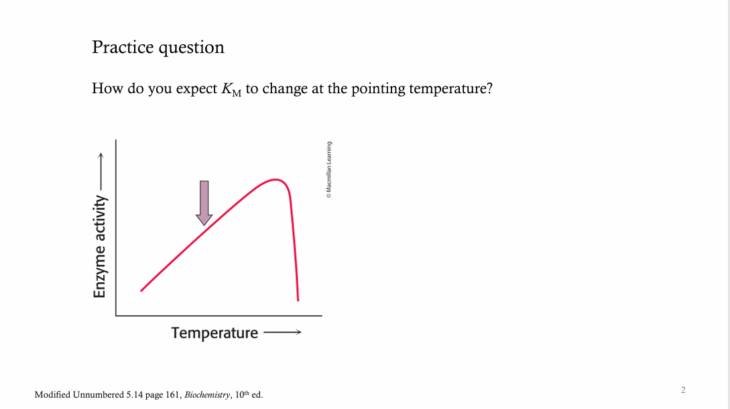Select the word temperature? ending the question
pos(450,89)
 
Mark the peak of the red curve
pos(276,180)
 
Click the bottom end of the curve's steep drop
pos(298,300)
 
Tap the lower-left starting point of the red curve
pos(141,290)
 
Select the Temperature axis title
pos(215,333)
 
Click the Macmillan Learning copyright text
pos(328,170)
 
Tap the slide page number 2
pos(683,389)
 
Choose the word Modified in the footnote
pos(54,395)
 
